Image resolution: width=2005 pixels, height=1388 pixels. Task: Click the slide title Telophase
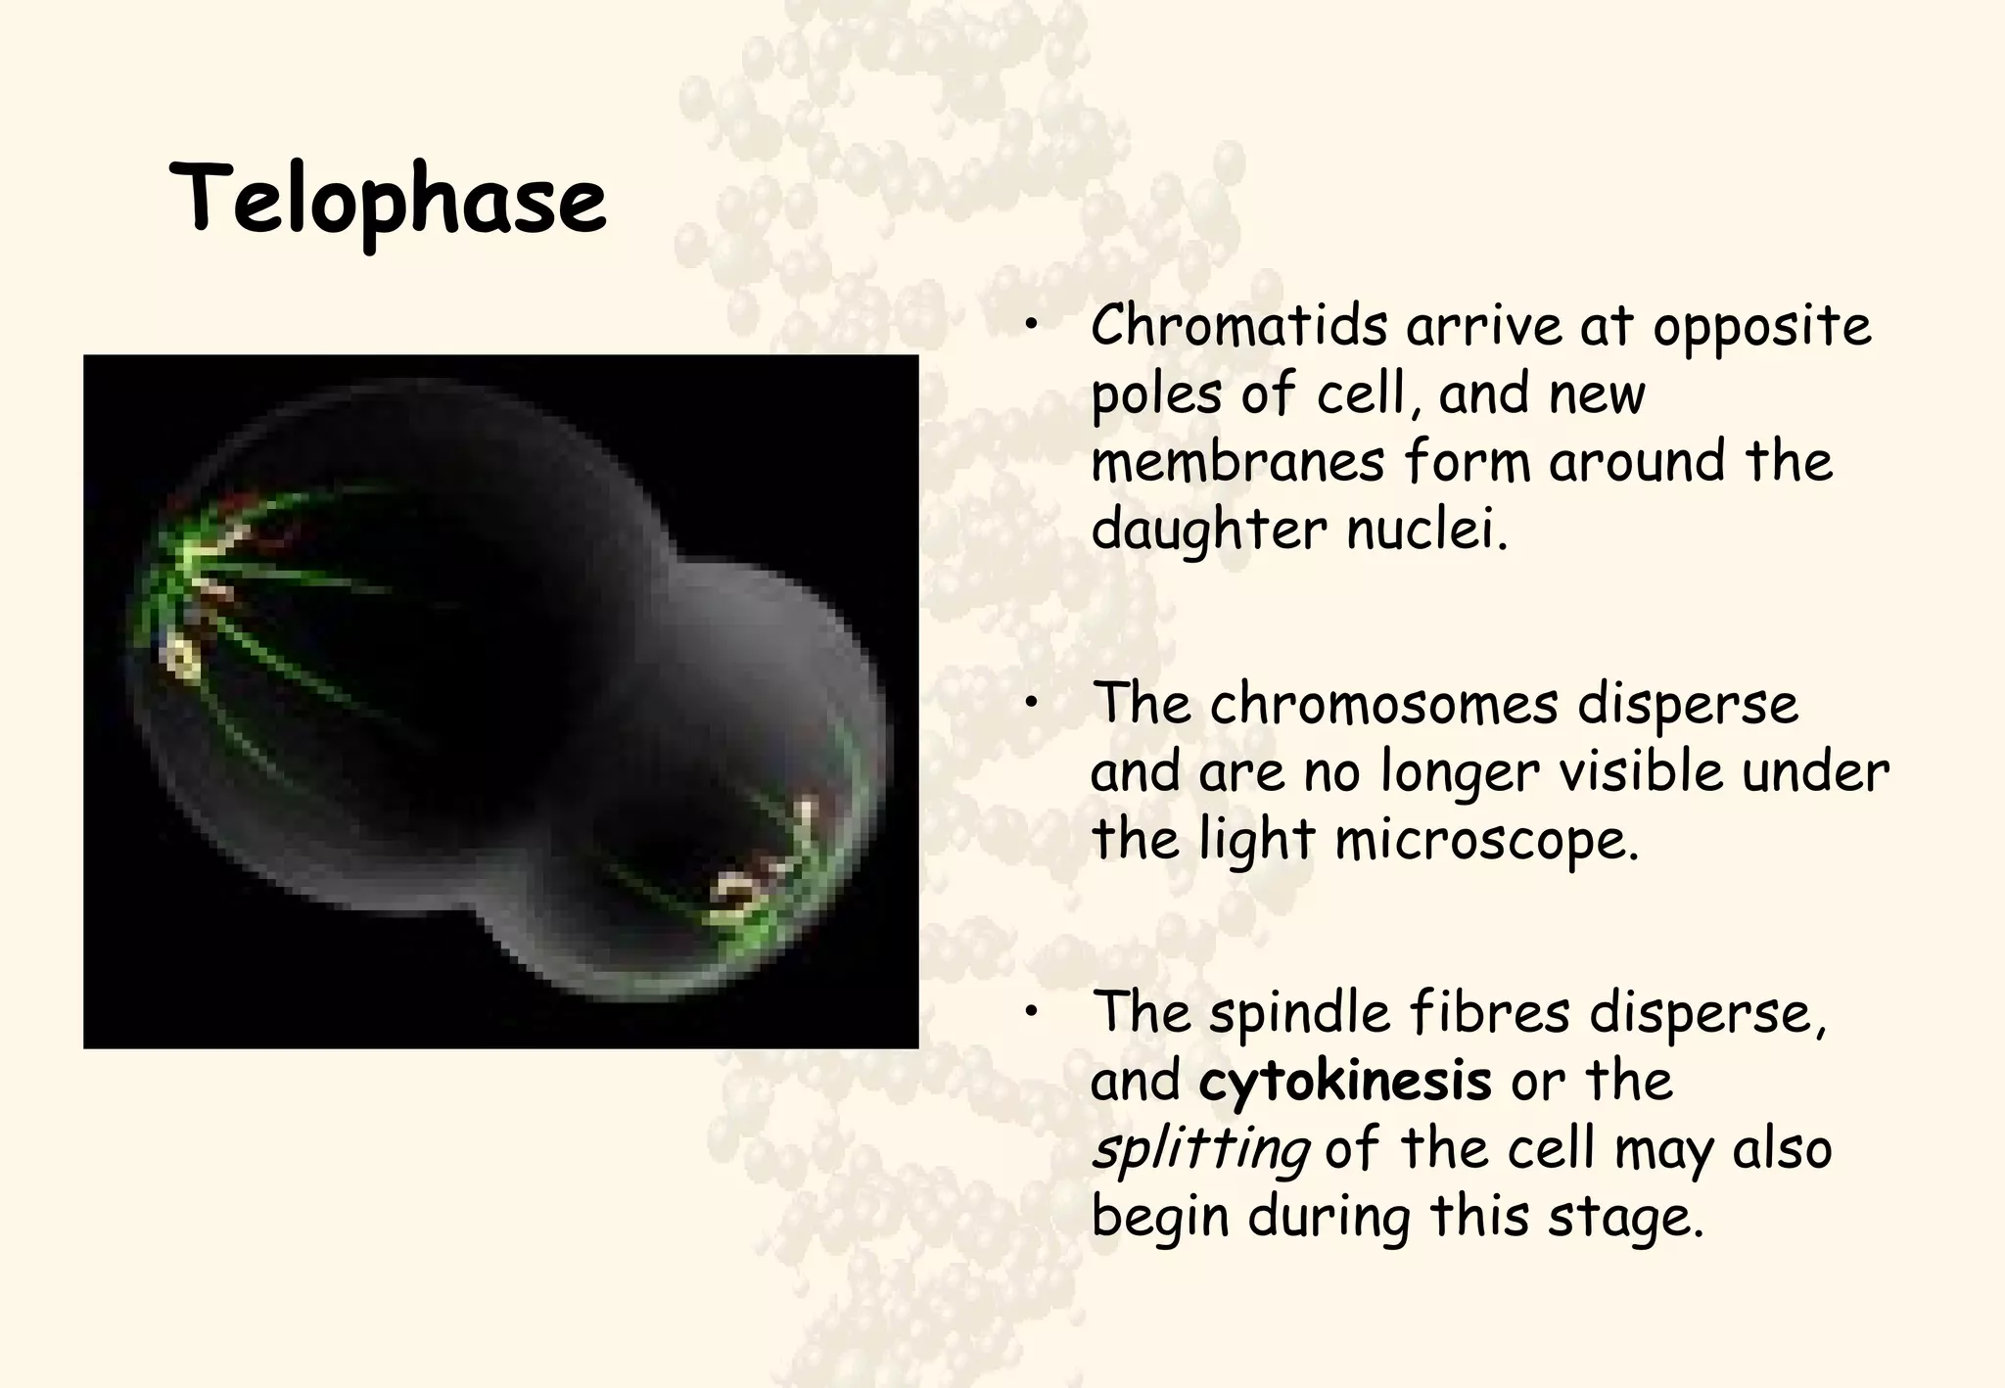[388, 201]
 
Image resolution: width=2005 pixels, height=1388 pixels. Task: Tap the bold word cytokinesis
[1345, 1081]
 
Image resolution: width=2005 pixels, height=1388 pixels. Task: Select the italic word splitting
[1200, 1149]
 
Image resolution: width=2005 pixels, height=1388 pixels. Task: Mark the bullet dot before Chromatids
[1031, 325]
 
